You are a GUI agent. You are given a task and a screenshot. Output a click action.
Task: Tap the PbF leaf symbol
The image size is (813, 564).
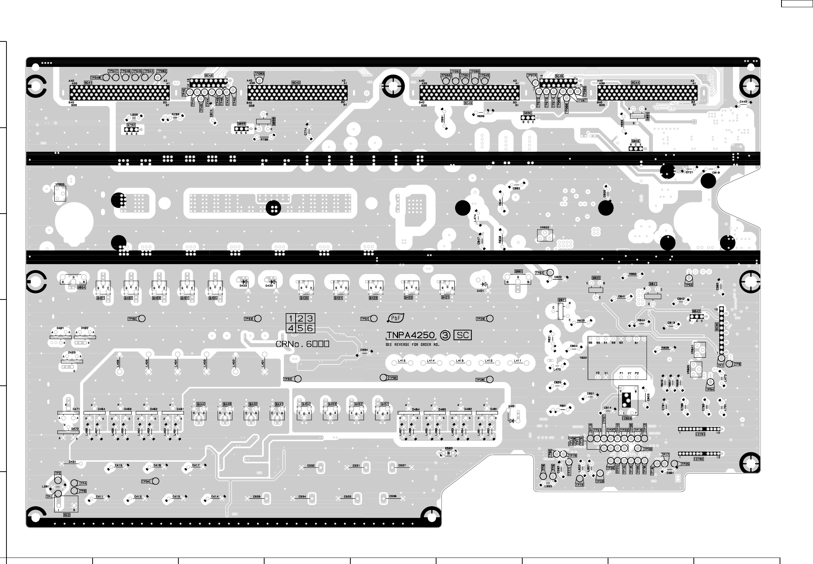pyautogui.click(x=395, y=318)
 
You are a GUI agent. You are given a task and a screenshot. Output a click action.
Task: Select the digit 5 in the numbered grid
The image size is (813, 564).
pyautogui.click(x=300, y=328)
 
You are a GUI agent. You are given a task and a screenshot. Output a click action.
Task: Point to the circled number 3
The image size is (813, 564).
pyautogui.click(x=445, y=335)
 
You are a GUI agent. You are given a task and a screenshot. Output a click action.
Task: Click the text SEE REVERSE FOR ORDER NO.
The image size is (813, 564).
pyautogui.click(x=412, y=344)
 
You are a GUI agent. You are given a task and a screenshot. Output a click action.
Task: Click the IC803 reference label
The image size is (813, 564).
pyautogui.click(x=627, y=418)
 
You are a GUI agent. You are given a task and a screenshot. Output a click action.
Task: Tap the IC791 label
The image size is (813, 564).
pyautogui.click(x=700, y=434)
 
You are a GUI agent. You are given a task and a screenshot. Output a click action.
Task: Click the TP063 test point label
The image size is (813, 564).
pyautogui.click(x=259, y=73)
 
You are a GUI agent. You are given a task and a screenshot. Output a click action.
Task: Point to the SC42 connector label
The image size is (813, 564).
pyautogui.click(x=296, y=82)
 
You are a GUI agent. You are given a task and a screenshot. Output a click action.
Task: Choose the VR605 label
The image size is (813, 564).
pyautogui.click(x=60, y=184)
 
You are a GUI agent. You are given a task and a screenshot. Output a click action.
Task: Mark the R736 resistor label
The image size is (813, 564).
pyautogui.click(x=264, y=139)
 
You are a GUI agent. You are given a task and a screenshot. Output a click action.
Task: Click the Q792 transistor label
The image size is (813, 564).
pyautogui.click(x=131, y=125)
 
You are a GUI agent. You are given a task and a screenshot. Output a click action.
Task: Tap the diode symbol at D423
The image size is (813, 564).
pyautogui.click(x=245, y=281)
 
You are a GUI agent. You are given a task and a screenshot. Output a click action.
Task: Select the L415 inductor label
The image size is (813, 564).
pyautogui.click(x=402, y=361)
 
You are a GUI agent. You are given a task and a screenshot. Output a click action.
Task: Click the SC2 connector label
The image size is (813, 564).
pyautogui.click(x=66, y=515)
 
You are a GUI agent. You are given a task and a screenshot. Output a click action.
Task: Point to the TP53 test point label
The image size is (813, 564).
pyautogui.click(x=689, y=285)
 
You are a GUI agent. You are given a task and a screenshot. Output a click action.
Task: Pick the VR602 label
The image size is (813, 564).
pyautogui.click(x=544, y=228)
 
